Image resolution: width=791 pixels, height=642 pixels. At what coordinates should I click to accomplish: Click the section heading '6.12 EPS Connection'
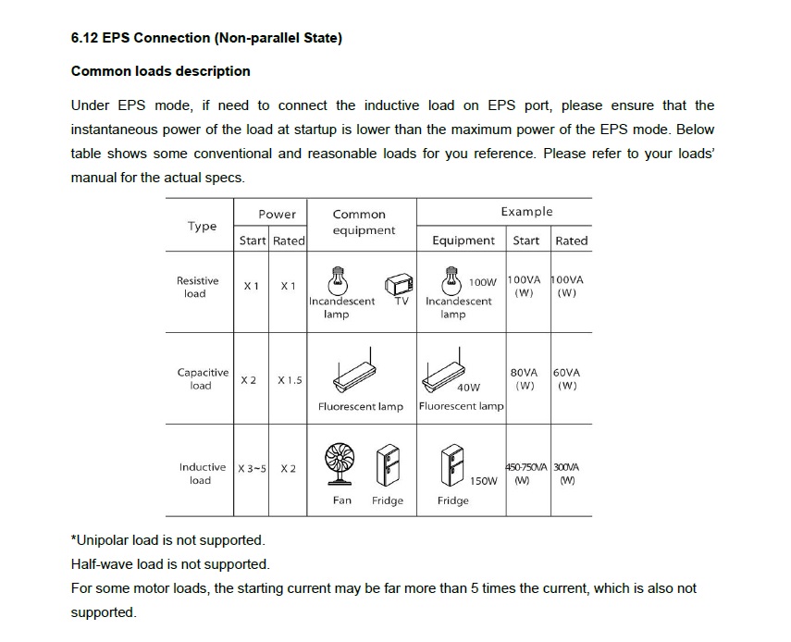206,38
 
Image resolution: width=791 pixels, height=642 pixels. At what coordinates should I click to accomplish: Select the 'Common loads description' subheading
160,71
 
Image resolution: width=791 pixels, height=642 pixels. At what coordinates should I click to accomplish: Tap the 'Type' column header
202,226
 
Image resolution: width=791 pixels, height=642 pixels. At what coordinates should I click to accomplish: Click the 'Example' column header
526,212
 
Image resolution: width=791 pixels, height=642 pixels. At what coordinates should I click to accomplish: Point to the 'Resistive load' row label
197,287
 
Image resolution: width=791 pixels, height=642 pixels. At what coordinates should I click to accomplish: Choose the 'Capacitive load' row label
203,378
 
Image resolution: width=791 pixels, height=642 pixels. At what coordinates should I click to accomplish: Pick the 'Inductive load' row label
203,474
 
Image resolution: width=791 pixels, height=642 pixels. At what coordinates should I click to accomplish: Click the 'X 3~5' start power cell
252,468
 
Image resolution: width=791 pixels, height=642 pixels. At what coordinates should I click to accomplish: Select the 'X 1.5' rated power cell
290,380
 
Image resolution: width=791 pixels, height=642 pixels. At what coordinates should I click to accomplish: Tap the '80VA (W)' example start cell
525,378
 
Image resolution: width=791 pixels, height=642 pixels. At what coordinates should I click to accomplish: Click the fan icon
340,464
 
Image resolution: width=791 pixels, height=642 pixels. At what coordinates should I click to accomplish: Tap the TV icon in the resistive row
399,284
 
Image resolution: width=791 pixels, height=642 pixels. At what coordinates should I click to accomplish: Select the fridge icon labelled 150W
452,465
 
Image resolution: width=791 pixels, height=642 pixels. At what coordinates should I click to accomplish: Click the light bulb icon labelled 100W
451,280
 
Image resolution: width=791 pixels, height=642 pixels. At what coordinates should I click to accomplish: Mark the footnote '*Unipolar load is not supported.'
168,540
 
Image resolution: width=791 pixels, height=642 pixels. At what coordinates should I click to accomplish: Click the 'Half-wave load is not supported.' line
170,563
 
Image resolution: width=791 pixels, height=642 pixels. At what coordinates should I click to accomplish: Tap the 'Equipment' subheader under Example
463,241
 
